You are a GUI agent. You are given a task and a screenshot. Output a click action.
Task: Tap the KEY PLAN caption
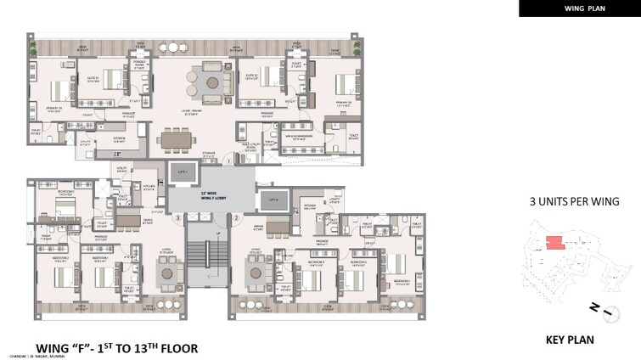coord(568,340)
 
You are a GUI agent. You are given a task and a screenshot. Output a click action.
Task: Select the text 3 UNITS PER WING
coord(573,202)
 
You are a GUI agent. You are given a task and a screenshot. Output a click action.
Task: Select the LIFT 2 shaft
coord(273,202)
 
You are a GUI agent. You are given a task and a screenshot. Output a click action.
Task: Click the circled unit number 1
coord(229,159)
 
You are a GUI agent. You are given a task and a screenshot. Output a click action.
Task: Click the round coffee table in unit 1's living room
coord(211,82)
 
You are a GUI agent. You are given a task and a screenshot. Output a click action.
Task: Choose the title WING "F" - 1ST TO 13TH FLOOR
coord(116,348)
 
